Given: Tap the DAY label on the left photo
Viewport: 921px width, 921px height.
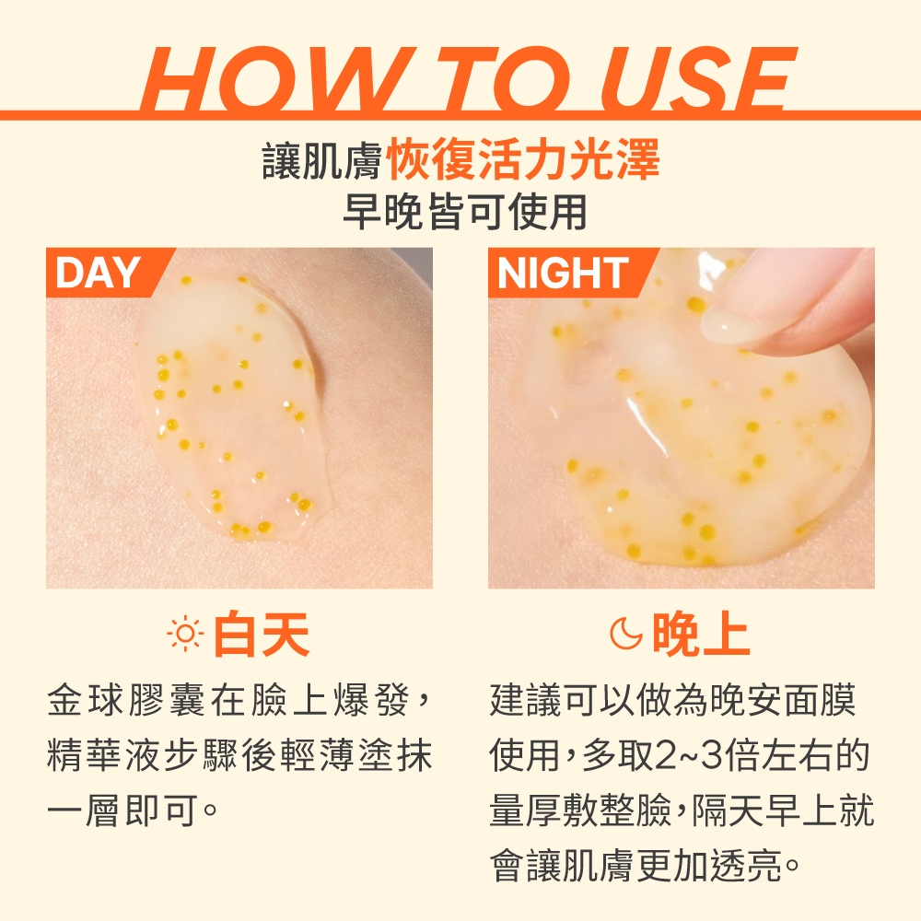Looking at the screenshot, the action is pyautogui.click(x=98, y=273).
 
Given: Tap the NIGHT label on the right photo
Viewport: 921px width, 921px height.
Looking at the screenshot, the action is pyautogui.click(x=563, y=273).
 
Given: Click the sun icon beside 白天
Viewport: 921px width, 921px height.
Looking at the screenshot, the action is pyautogui.click(x=185, y=634).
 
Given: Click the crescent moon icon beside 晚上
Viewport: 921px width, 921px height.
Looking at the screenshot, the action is pyautogui.click(x=626, y=634).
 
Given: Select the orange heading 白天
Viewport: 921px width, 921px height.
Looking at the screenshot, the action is pyautogui.click(x=262, y=634).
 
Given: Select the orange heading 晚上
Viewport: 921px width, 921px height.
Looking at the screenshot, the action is pyautogui.click(x=701, y=634).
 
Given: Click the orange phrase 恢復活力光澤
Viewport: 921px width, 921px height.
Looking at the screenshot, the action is pyautogui.click(x=524, y=159).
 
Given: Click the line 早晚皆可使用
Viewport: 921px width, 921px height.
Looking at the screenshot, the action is pyautogui.click(x=464, y=212).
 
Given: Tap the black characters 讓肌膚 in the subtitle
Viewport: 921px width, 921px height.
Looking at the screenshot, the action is pyautogui.click(x=322, y=159).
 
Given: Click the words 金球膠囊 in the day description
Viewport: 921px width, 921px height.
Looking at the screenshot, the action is pyautogui.click(x=126, y=701).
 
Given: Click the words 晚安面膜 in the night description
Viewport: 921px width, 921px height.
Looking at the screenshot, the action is pyautogui.click(x=783, y=701).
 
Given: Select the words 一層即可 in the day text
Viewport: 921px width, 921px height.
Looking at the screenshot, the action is pyautogui.click(x=122, y=810).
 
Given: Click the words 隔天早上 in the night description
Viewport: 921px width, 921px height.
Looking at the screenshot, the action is pyautogui.click(x=764, y=810).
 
